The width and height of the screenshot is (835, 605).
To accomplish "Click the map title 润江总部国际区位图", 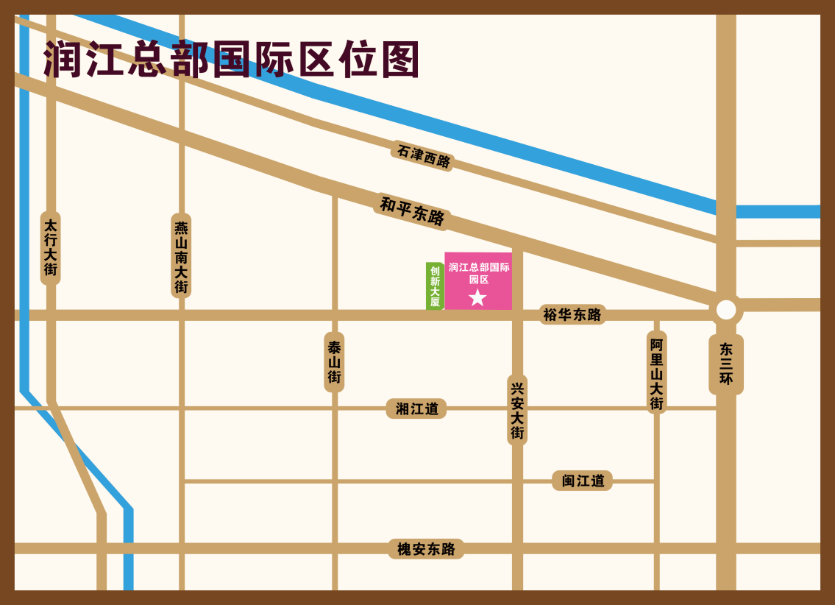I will (232, 59).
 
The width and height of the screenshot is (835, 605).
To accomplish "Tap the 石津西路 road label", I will (423, 155).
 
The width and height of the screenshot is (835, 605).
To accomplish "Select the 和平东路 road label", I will (412, 211).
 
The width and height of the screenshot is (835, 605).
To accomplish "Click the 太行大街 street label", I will (50, 247).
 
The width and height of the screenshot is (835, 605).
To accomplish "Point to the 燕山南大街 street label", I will (181, 256).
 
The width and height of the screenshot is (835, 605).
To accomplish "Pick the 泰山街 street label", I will (334, 362).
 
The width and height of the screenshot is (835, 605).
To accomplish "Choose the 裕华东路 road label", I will (572, 315).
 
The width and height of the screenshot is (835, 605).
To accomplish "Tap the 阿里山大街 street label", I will (656, 374).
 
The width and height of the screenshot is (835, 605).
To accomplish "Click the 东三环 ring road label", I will (726, 364).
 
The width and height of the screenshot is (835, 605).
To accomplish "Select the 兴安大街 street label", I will (517, 410).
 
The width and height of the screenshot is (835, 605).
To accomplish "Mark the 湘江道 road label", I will (416, 408).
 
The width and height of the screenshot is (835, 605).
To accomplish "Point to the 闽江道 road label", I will (583, 481).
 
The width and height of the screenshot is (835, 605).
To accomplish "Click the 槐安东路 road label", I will (426, 549).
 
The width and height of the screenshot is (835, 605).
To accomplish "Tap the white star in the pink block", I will (477, 297).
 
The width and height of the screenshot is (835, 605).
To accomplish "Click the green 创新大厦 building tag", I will (435, 286).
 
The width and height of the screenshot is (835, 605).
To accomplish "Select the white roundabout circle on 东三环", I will (726, 310).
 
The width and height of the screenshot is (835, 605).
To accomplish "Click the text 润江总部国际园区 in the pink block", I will (479, 273).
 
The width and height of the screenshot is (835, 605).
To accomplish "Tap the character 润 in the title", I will (63, 59).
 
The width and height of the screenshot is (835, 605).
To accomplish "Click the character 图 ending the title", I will (400, 59).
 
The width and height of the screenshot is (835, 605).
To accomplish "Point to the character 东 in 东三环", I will (726, 350).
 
